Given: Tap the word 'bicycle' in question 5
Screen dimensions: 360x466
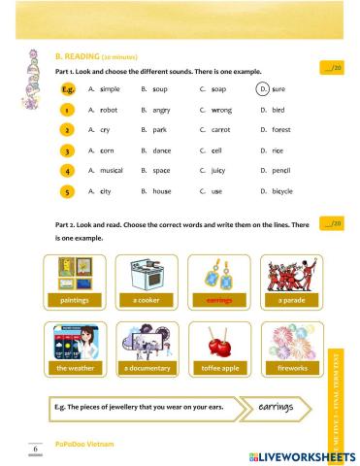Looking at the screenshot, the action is (281, 191).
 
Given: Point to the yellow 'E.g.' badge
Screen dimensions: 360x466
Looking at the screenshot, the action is (67, 88).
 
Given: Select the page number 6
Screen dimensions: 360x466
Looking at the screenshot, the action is (36, 449).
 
